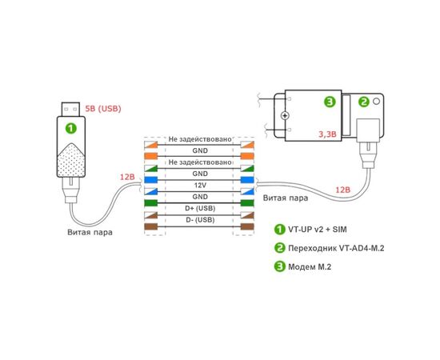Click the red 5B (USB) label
(103, 109)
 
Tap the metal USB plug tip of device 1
(70, 110)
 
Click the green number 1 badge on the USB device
(71, 129)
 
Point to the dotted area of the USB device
(71, 161)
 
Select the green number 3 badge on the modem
(330, 102)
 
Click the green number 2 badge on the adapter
(364, 102)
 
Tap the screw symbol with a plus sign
(285, 115)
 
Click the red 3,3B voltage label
(327, 134)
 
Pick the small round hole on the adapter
(376, 102)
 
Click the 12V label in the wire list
(200, 185)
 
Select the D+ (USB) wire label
(200, 208)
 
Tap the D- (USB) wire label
(200, 220)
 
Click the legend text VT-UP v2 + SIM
(318, 230)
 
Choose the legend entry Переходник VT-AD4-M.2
(336, 248)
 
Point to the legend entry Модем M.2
(310, 266)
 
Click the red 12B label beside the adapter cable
(343, 190)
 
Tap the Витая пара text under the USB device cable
(90, 232)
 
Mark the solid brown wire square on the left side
(151, 226)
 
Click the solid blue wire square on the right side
(247, 179)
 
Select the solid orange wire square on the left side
(151, 156)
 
